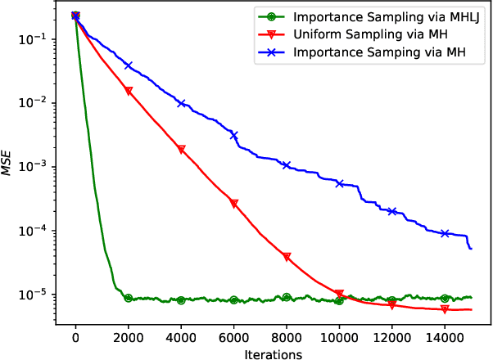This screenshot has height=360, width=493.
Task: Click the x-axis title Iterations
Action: click(273, 353)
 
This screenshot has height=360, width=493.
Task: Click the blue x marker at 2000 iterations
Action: click(129, 65)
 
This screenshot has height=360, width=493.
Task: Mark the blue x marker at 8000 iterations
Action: click(287, 165)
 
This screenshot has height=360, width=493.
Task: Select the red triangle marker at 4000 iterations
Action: click(181, 150)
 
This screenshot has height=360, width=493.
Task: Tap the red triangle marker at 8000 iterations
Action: click(287, 257)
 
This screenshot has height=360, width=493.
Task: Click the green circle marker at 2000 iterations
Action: click(129, 299)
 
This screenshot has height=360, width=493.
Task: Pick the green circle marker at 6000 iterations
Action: click(234, 300)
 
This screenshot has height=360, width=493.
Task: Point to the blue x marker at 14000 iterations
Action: click(445, 233)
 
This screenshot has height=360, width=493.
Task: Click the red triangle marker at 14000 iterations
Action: click(445, 309)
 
